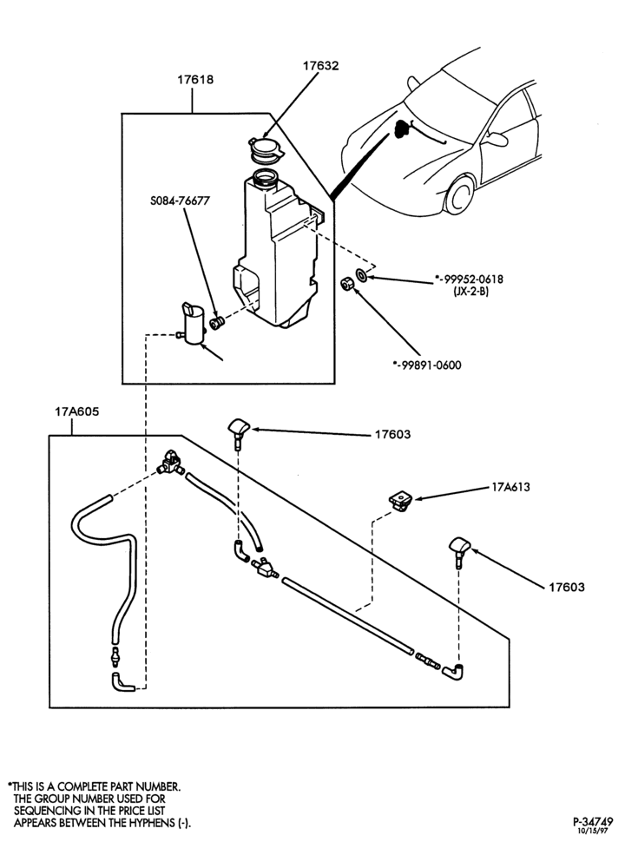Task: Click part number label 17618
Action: (x=194, y=80)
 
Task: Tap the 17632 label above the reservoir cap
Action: (x=320, y=66)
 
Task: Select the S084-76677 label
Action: (x=180, y=201)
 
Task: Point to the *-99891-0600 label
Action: (x=427, y=365)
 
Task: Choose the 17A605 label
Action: (x=77, y=412)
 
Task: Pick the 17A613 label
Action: (x=510, y=487)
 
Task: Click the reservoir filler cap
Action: (x=265, y=150)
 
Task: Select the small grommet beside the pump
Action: (x=216, y=323)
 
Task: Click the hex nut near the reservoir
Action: (x=346, y=285)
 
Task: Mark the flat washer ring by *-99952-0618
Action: (x=362, y=274)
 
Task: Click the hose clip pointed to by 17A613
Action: (x=400, y=502)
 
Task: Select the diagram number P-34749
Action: (x=593, y=821)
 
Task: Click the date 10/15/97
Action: (x=593, y=831)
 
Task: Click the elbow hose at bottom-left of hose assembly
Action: (x=120, y=682)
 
